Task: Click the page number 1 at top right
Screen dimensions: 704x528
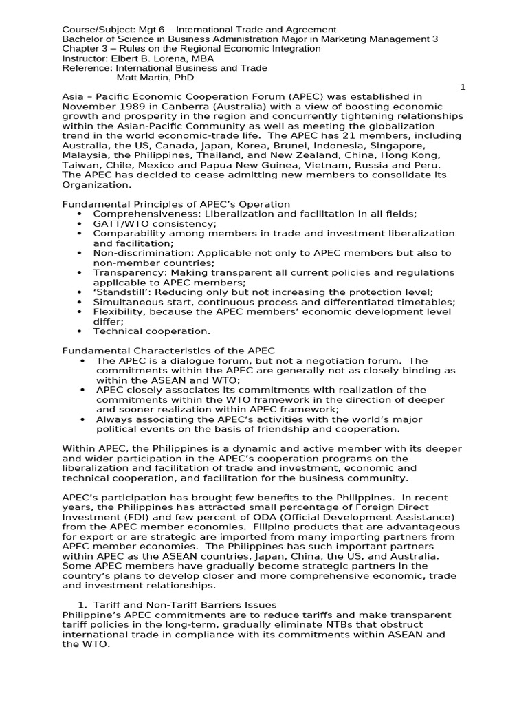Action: [463, 87]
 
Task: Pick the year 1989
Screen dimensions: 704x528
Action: [129, 107]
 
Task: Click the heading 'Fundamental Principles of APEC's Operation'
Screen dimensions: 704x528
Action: [176, 204]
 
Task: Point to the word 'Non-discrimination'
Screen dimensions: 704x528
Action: [140, 253]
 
